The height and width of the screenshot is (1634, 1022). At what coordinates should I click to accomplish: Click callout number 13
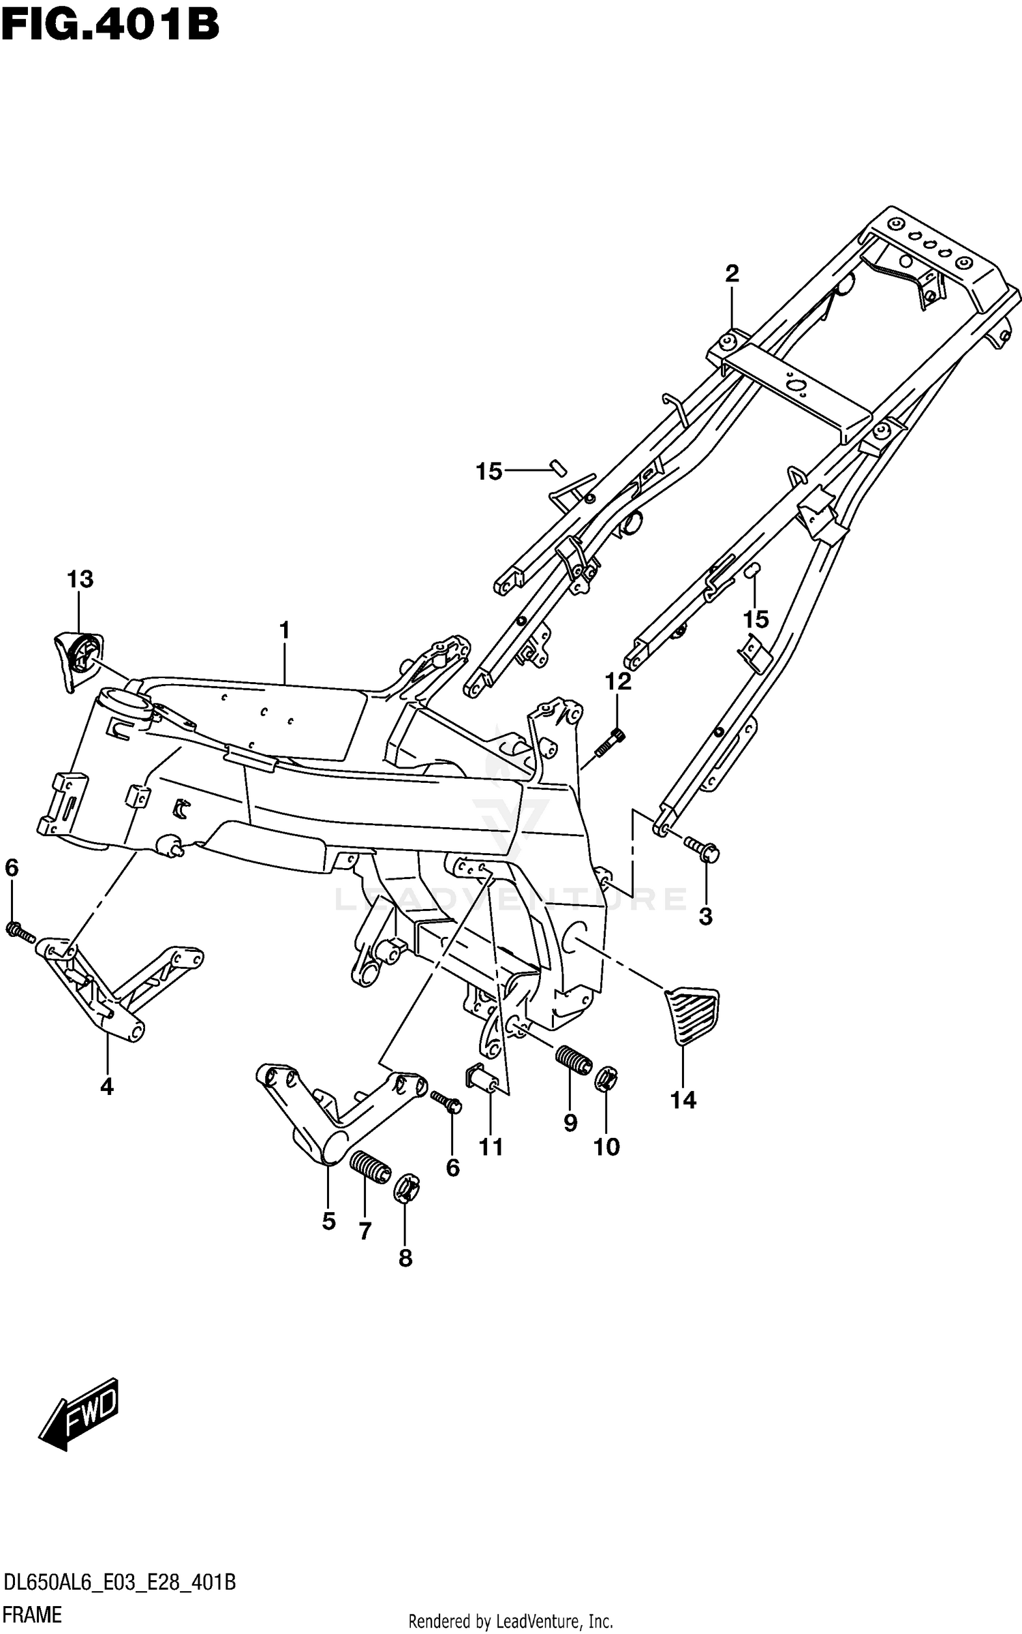[x=80, y=579]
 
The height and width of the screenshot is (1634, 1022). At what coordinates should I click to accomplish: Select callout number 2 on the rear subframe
[x=732, y=273]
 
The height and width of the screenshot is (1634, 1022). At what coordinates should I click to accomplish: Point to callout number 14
[x=683, y=1100]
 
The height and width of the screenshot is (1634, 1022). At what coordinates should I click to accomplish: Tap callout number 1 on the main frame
[x=284, y=630]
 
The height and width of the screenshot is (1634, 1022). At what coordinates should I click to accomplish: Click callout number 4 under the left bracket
[x=107, y=1088]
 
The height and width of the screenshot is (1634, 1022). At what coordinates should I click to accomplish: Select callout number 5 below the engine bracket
[x=328, y=1221]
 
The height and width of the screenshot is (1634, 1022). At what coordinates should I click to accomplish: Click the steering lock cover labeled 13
[x=76, y=654]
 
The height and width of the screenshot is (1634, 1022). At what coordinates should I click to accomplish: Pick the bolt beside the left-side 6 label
[x=20, y=930]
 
